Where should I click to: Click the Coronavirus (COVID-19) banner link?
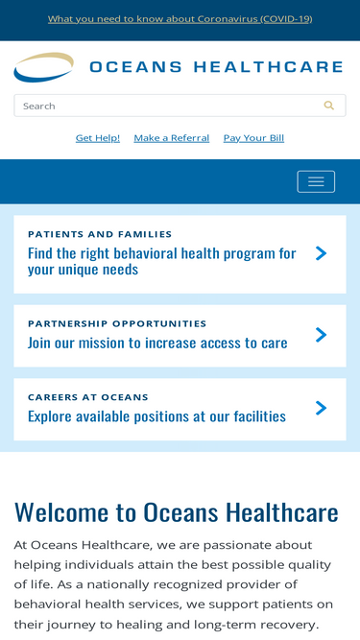point(180,19)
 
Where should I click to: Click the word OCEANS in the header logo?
point(135,67)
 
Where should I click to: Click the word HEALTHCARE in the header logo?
point(268,67)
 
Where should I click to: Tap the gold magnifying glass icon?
point(329,106)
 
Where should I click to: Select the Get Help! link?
point(98,138)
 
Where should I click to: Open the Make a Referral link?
point(172,138)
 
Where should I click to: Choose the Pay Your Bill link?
point(253,138)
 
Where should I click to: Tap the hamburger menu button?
point(316,181)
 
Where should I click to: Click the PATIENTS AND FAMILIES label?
point(100,234)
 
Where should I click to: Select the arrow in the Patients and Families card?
point(322,253)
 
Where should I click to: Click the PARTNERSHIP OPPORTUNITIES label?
point(117,323)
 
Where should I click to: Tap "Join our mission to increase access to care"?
point(157,343)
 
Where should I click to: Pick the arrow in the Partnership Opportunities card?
point(322,335)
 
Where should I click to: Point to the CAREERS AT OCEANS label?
point(87,397)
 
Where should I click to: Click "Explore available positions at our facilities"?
point(156,416)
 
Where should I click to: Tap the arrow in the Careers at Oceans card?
point(322,408)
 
